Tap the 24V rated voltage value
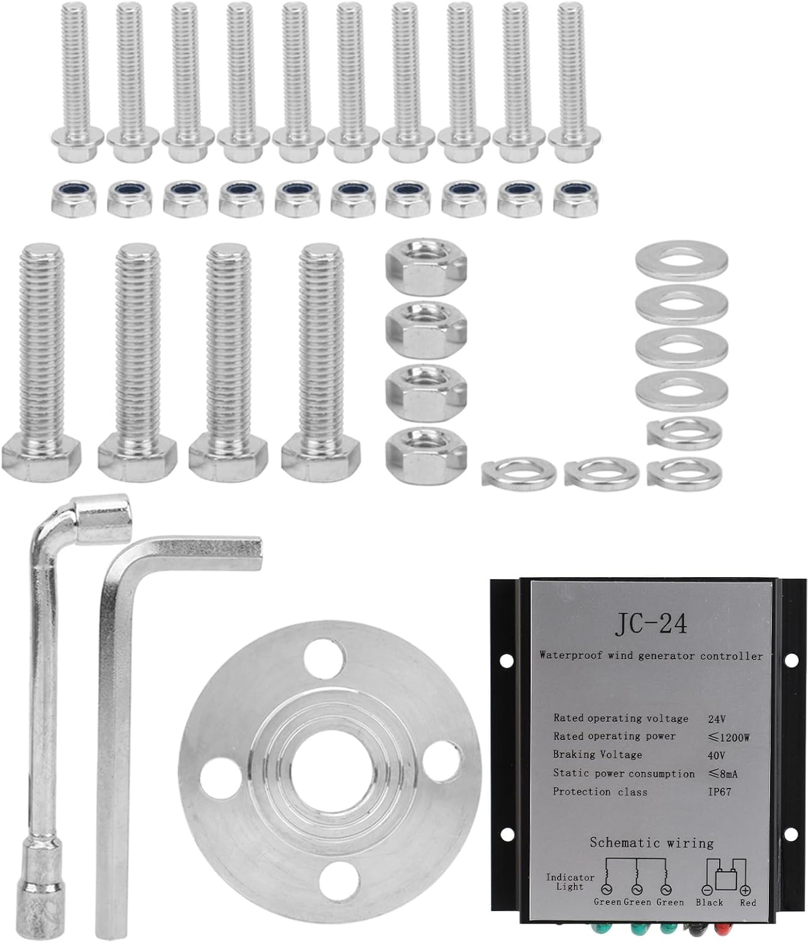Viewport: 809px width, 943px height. pos(717,719)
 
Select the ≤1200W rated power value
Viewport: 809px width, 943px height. pos(729,737)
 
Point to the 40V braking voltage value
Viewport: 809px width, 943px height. pos(717,756)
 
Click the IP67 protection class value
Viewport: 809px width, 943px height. pos(720,792)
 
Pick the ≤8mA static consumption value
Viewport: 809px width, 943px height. pos(723,774)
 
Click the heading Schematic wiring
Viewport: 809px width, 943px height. pos(652,842)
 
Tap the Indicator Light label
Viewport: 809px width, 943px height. pos(570,882)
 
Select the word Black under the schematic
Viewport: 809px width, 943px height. pos(710,902)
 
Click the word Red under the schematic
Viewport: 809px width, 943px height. pos(748,902)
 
